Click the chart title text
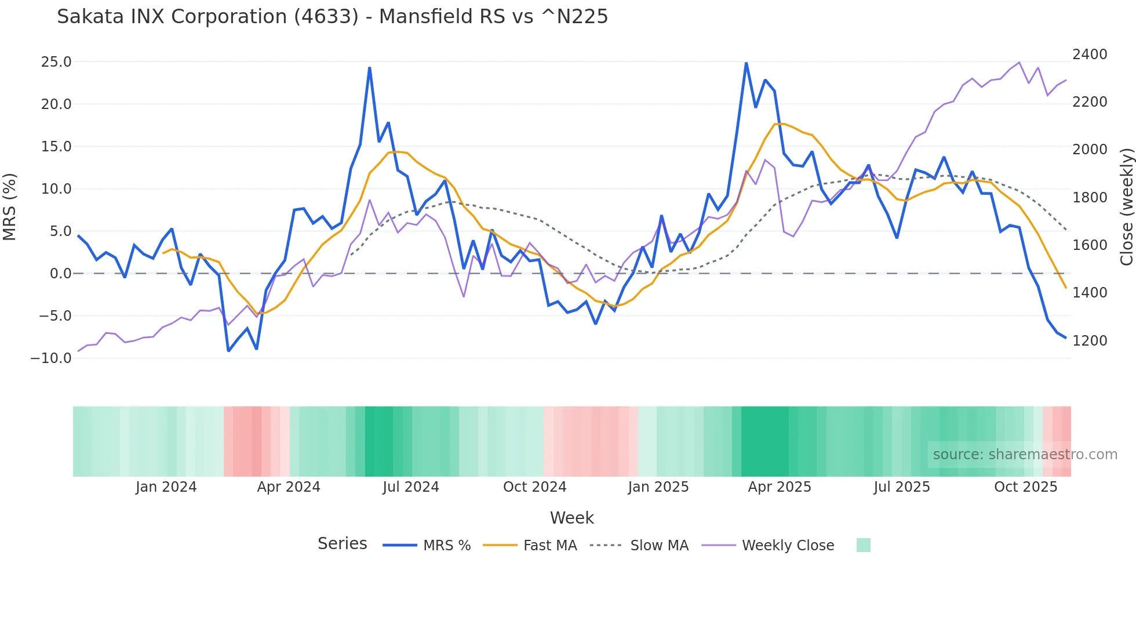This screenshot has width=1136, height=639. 332,17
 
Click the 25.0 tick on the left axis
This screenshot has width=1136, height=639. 56,62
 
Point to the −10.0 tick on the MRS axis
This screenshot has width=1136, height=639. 51,358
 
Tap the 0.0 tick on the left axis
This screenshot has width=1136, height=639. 60,274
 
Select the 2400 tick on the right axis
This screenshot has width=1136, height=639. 1090,55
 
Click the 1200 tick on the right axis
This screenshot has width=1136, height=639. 1090,341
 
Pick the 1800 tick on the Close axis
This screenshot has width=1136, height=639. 1090,198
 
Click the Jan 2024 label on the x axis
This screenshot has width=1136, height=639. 166,487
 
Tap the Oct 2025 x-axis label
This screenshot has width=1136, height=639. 1025,487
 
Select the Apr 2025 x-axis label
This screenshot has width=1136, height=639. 779,487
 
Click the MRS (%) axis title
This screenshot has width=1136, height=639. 10,207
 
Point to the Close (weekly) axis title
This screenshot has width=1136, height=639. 1126,207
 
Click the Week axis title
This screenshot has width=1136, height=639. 571,518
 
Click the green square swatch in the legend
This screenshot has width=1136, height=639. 863,546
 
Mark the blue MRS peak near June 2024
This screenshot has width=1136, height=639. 369,68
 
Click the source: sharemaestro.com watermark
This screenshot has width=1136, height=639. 1025,455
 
